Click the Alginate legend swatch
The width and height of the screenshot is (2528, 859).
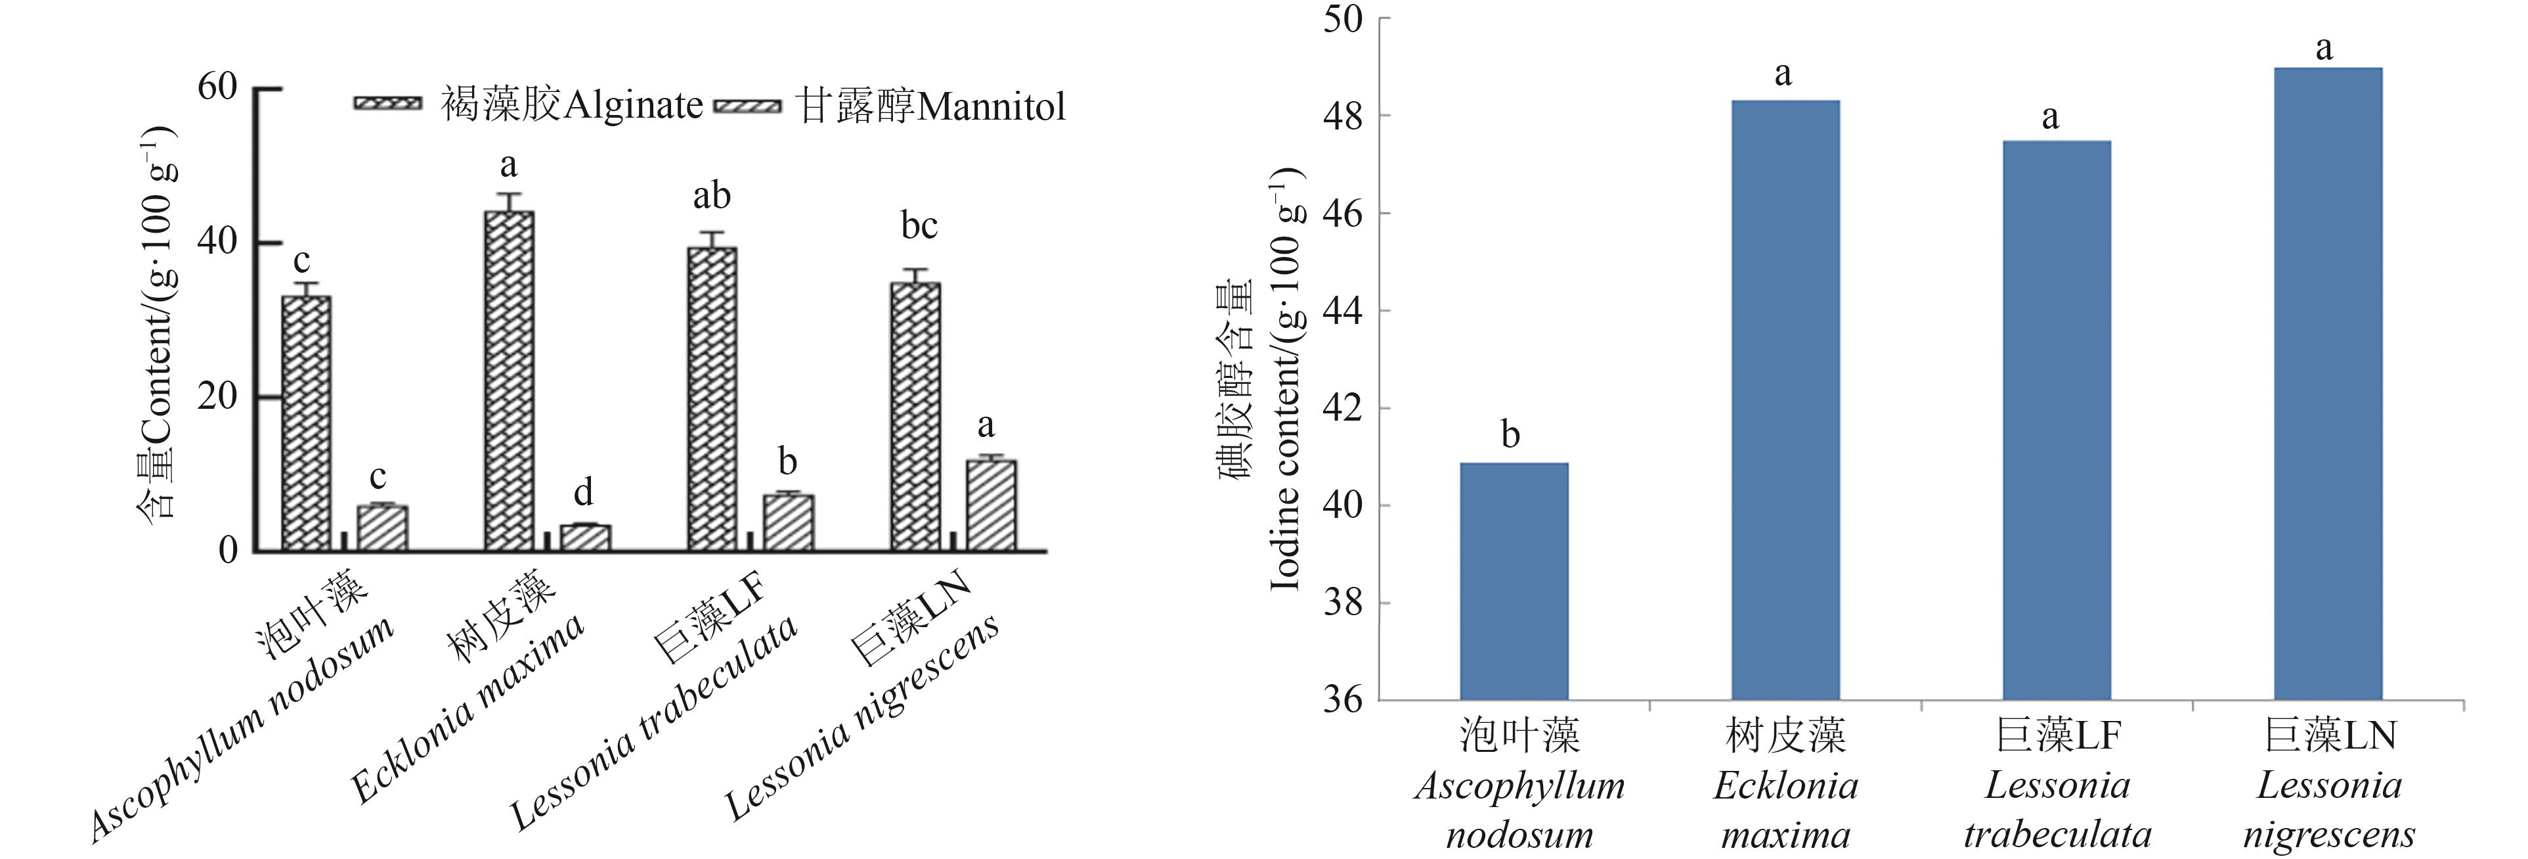click(387, 104)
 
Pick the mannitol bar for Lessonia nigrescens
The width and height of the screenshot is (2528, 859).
click(992, 505)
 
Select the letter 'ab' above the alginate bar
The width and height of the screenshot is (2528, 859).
click(712, 197)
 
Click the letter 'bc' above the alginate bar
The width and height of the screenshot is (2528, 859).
click(919, 226)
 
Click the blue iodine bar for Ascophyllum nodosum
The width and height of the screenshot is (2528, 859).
click(1514, 580)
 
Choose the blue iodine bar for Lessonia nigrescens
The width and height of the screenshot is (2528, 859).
click(2328, 383)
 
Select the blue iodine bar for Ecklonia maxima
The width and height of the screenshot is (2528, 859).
click(1785, 400)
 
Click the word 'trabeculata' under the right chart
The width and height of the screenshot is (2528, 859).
click(2057, 835)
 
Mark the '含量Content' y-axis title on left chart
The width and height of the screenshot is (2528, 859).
click(157, 324)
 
